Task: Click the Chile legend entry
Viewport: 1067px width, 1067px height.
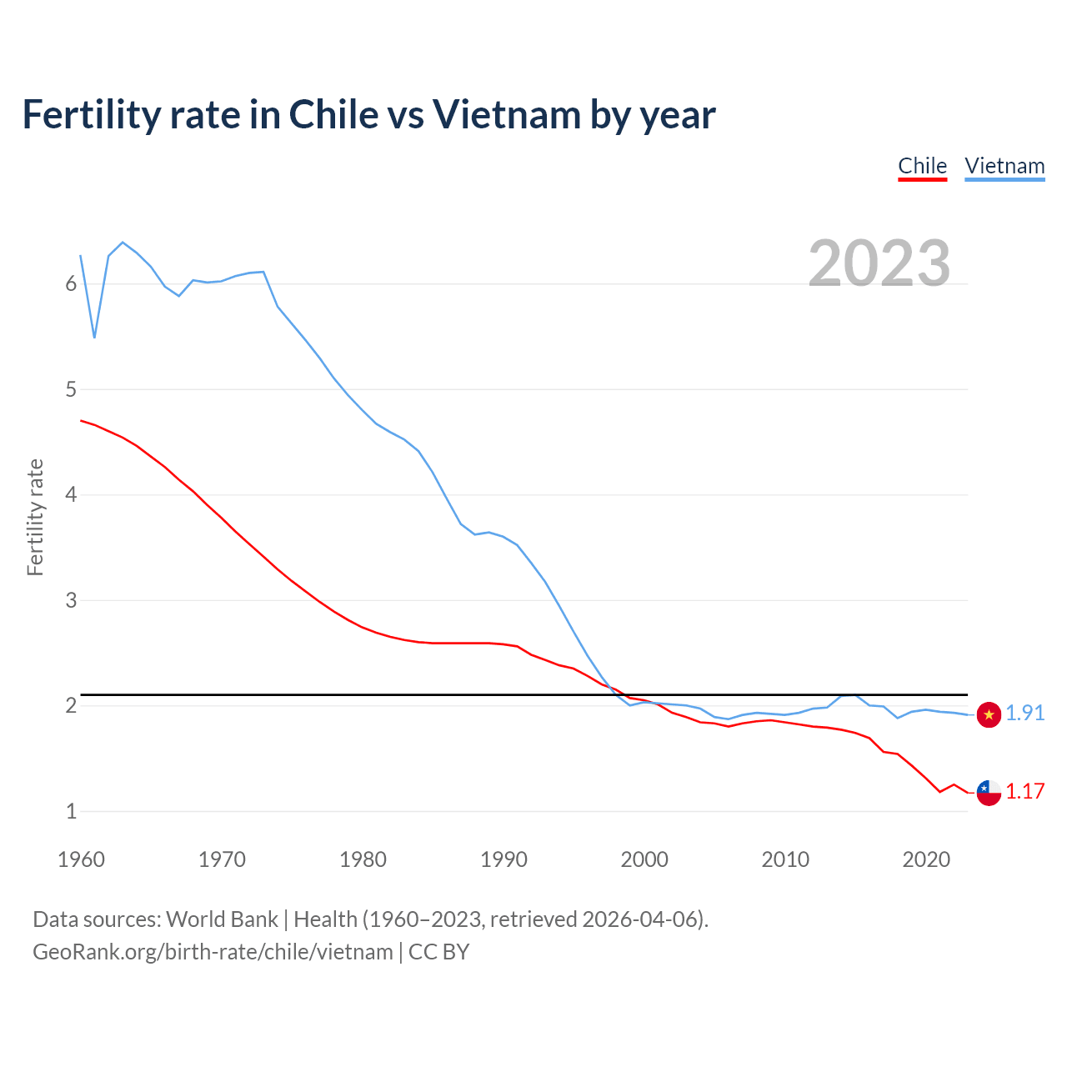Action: pyautogui.click(x=922, y=166)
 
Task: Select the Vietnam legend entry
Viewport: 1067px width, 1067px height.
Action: pyautogui.click(x=1004, y=166)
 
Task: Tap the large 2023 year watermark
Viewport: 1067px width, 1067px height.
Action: pyautogui.click(x=879, y=263)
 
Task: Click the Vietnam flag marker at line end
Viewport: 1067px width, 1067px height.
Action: pyautogui.click(x=989, y=714)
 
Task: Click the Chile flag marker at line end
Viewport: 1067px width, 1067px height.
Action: pyautogui.click(x=989, y=793)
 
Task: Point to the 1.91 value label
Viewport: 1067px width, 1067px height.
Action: pyautogui.click(x=1025, y=714)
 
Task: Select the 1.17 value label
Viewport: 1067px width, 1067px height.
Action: pyautogui.click(x=1025, y=792)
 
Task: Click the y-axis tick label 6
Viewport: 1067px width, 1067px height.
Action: pyautogui.click(x=71, y=284)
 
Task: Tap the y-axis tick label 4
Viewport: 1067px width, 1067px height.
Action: pyautogui.click(x=71, y=495)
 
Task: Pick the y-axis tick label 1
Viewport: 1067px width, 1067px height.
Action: pyautogui.click(x=71, y=811)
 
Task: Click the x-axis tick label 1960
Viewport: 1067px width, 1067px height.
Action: pyautogui.click(x=81, y=859)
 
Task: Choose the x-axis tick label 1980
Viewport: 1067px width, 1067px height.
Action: pyautogui.click(x=363, y=859)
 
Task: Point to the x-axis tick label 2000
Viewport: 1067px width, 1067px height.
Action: pyautogui.click(x=644, y=859)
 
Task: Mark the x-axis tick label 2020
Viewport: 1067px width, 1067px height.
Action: pyautogui.click(x=926, y=859)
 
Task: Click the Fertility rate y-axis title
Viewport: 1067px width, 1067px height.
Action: pyautogui.click(x=35, y=517)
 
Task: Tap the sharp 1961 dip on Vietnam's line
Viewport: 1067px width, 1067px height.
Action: pyautogui.click(x=94, y=337)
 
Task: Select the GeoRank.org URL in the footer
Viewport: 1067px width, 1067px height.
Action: pyautogui.click(x=213, y=952)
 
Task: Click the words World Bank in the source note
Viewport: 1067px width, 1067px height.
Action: pyautogui.click(x=222, y=919)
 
